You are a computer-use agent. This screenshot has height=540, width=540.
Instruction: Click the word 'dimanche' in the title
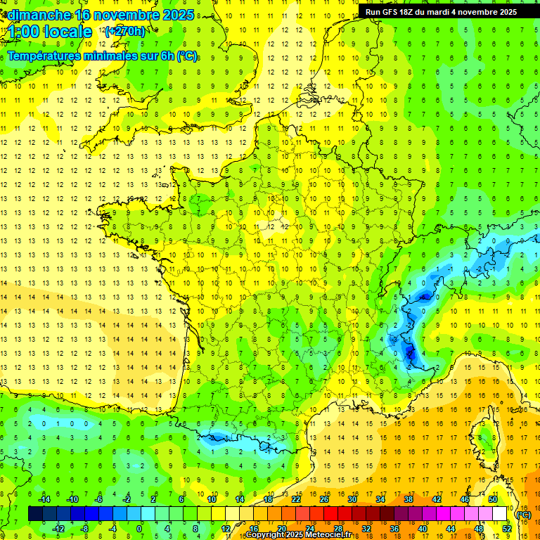pyautogui.click(x=39, y=14)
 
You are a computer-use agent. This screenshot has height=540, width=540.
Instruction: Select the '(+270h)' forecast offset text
pyautogui.click(x=125, y=31)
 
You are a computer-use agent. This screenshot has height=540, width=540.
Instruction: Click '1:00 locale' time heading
pyautogui.click(x=49, y=32)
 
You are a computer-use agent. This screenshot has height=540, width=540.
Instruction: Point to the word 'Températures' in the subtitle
pyautogui.click(x=43, y=56)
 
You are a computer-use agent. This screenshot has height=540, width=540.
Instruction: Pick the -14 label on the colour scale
pyautogui.click(x=44, y=499)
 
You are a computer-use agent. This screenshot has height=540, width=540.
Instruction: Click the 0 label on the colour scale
pyautogui.click(x=139, y=529)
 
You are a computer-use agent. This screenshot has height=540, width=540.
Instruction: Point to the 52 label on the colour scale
pyautogui.click(x=506, y=529)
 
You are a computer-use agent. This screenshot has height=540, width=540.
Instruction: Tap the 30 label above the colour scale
pyautogui.click(x=352, y=499)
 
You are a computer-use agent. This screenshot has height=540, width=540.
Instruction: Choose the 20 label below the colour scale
pyautogui.click(x=281, y=529)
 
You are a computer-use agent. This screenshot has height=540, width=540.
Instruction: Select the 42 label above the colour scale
pyautogui.click(x=437, y=499)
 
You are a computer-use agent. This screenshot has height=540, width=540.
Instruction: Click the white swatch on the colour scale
pyautogui.click(x=500, y=514)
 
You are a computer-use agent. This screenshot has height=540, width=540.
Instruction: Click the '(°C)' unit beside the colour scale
pyautogui.click(x=523, y=514)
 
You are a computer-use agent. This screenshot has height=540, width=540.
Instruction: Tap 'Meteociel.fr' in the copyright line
pyautogui.click(x=333, y=535)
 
